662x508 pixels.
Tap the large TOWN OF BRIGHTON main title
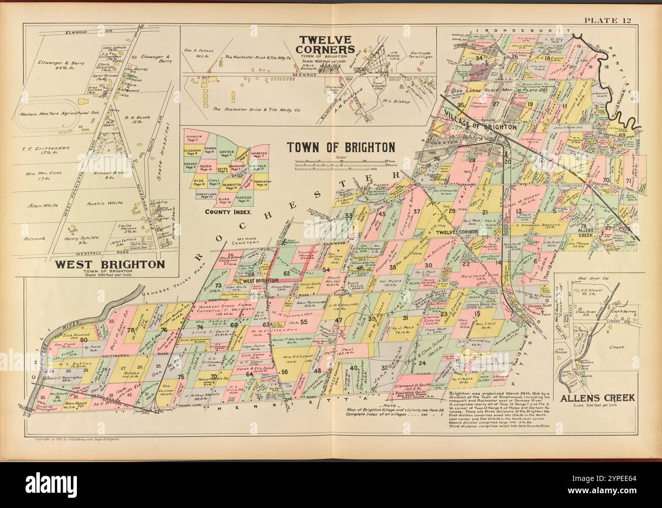[x=341, y=147]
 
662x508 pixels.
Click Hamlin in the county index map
[x=194, y=138]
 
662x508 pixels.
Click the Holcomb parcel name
[x=35, y=238]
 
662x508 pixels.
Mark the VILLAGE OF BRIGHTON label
[x=480, y=126]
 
